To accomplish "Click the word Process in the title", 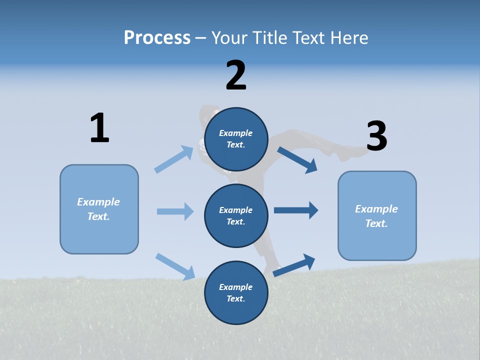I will [x=157, y=37].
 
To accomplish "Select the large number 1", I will [x=99, y=128].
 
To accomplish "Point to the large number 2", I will [x=236, y=75].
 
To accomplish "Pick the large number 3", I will [x=377, y=136].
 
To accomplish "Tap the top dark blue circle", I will [x=236, y=139].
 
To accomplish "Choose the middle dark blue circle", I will [x=236, y=215].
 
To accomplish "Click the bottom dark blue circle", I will [x=236, y=292].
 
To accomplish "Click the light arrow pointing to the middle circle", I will [x=175, y=211].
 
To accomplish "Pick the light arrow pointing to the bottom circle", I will [x=175, y=266].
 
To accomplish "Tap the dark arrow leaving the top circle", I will [x=297, y=159].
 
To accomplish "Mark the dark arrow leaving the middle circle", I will [x=296, y=210].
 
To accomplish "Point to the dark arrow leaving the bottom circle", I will [x=294, y=265].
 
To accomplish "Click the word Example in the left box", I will [x=98, y=202].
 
